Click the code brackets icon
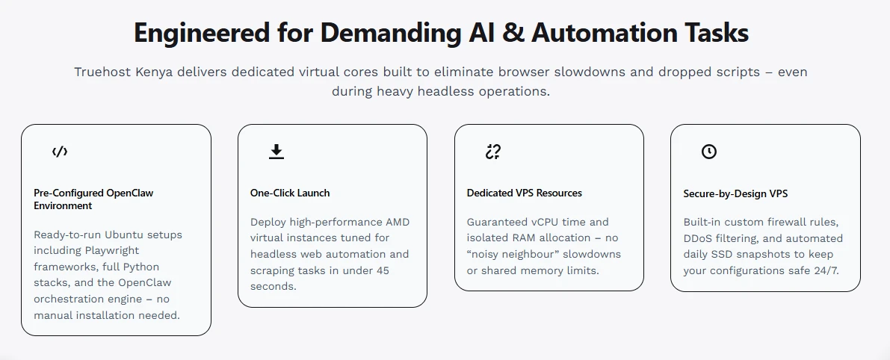coord(60,152)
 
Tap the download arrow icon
coord(276,152)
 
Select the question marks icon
coord(493,152)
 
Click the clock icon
coord(709,152)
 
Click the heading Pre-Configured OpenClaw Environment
coord(93,199)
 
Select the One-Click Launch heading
coord(290,193)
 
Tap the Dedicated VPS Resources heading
coord(525,193)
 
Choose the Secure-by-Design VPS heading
coord(735,193)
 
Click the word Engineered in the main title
coord(202,33)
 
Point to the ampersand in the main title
coord(513,33)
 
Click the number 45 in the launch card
coord(383,270)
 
